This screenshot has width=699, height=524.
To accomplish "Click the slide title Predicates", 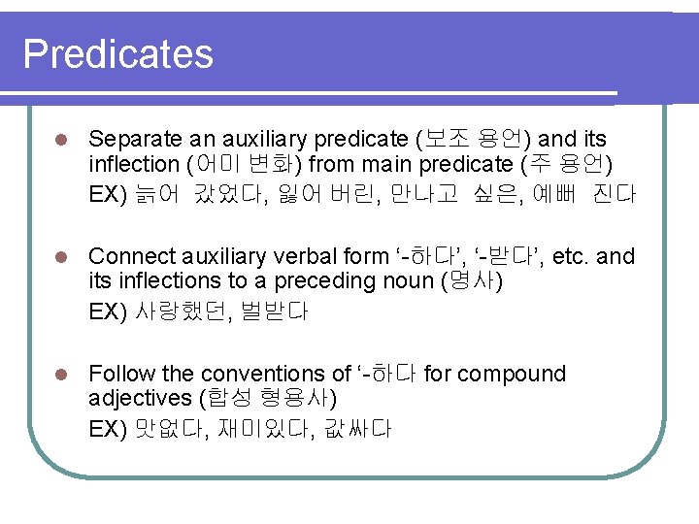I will tap(117, 53).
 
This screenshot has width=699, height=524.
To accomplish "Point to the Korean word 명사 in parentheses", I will tap(472, 282).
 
